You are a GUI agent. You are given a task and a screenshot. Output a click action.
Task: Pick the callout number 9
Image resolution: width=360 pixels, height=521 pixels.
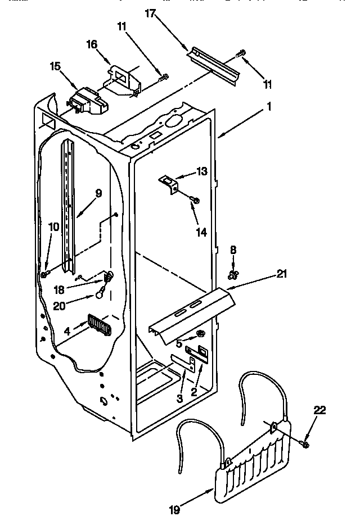point(98,193)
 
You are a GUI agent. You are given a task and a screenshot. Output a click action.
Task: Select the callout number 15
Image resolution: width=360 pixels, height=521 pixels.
point(55,66)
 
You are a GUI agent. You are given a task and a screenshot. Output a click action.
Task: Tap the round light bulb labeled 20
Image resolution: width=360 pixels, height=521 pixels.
point(100,292)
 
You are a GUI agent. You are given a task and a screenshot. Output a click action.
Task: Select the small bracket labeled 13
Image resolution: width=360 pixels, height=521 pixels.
point(167,184)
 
